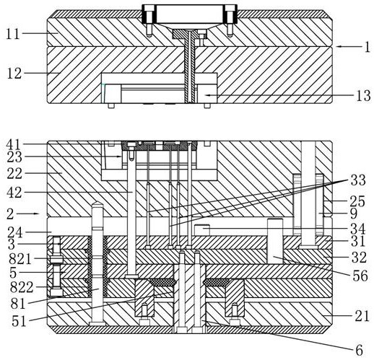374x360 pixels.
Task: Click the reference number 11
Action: click(13, 34)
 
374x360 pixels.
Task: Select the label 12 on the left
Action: click(14, 74)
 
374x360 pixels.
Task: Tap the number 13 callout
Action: click(363, 95)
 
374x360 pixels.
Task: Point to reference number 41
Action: click(14, 145)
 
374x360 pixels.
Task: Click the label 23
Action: click(14, 157)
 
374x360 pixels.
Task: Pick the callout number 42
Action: click(14, 193)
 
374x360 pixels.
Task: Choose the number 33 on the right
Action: click(358, 180)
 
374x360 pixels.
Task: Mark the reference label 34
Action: click(358, 229)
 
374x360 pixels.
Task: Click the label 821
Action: click(20, 259)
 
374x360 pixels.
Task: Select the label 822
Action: click(22, 287)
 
